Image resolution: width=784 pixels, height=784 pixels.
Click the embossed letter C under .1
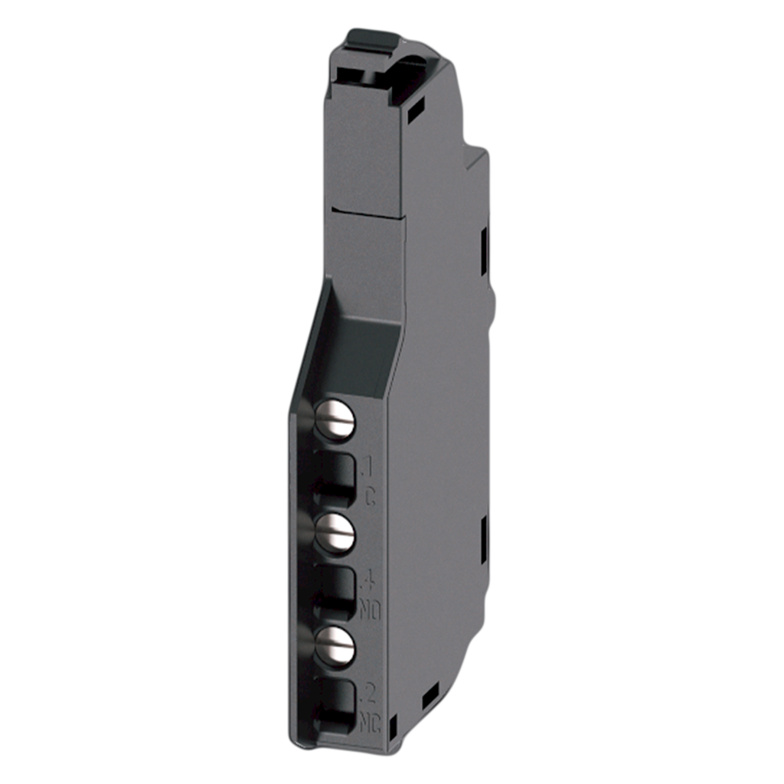[370, 497]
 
